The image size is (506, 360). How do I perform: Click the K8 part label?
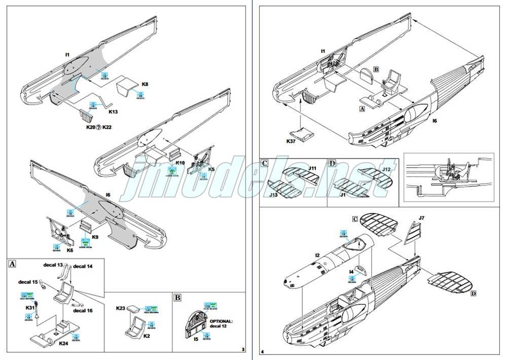(x=144, y=84)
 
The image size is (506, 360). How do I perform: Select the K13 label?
(x=113, y=112)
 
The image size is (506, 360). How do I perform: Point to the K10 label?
(x=180, y=163)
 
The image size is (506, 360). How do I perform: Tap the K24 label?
(x=63, y=343)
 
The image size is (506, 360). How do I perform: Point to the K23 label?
(x=121, y=308)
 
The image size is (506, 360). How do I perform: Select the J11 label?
(x=312, y=167)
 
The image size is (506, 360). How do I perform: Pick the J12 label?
(x=386, y=169)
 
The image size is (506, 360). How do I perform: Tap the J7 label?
(x=421, y=219)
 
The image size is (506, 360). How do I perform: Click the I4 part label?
(x=351, y=272)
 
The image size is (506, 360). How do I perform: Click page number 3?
(x=243, y=349)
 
